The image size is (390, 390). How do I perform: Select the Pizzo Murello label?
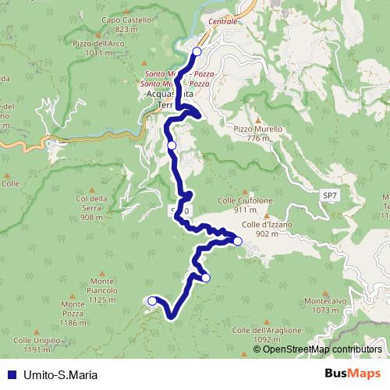click(x=252, y=133)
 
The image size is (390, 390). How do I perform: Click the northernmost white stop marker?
click(x=197, y=51)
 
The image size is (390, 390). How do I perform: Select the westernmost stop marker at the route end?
click(x=152, y=300)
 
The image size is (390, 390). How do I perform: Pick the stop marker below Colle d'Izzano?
click(x=238, y=242)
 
